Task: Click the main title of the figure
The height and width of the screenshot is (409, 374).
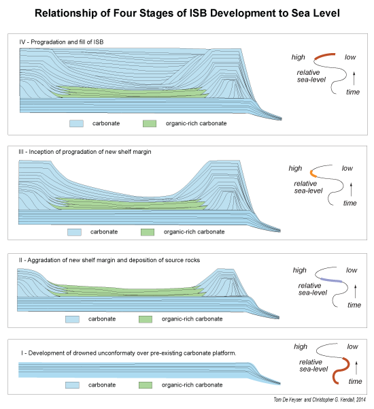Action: tap(187, 13)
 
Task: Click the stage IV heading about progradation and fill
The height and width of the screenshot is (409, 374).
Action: tap(61, 42)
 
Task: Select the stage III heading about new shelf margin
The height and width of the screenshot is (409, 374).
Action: tap(85, 152)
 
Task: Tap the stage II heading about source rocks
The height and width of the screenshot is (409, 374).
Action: tap(109, 260)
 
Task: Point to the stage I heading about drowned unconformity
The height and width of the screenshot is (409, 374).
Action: tap(129, 353)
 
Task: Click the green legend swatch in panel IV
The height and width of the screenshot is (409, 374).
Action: tap(150, 123)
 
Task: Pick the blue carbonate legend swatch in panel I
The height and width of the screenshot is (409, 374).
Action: tap(72, 385)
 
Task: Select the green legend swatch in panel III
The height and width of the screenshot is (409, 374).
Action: tap(148, 232)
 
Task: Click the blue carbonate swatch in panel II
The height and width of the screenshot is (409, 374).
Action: tap(72, 319)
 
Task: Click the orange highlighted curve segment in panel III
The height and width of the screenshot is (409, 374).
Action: tap(313, 174)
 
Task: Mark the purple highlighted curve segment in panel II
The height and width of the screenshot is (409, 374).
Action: tap(331, 280)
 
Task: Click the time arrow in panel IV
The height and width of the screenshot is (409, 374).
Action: tap(354, 78)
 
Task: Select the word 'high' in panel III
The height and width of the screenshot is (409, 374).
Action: tap(295, 168)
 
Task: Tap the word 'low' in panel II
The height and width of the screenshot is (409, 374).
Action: tap(352, 270)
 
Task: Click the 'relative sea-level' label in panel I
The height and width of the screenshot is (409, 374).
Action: tap(313, 365)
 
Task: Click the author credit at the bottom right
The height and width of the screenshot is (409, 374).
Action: tap(320, 399)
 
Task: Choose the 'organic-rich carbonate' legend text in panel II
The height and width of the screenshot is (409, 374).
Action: tap(192, 319)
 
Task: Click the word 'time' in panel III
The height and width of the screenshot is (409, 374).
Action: tap(350, 203)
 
